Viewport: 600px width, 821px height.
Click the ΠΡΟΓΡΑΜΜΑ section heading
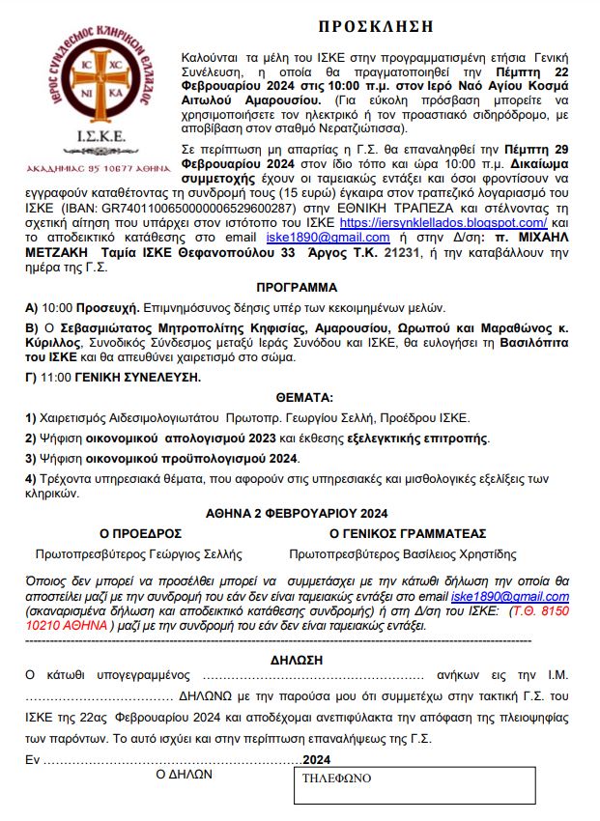[x=297, y=287]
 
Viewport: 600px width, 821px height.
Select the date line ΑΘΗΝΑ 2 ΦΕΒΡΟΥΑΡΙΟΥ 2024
[x=298, y=513]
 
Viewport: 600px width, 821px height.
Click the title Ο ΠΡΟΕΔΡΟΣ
[x=141, y=533]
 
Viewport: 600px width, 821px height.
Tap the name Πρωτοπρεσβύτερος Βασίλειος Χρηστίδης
[x=403, y=554]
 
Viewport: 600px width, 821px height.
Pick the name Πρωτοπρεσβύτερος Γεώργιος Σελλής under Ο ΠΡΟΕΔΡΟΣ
[x=138, y=554]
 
